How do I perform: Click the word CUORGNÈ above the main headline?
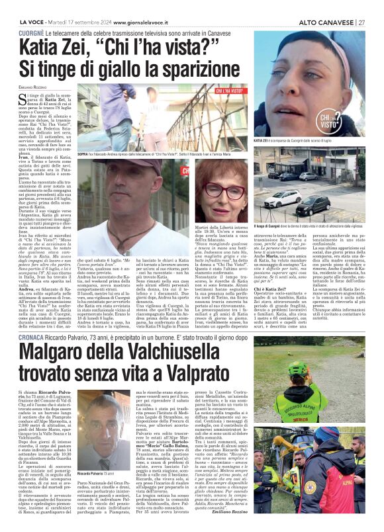(30, 32)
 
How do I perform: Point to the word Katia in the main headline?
(43, 48)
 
